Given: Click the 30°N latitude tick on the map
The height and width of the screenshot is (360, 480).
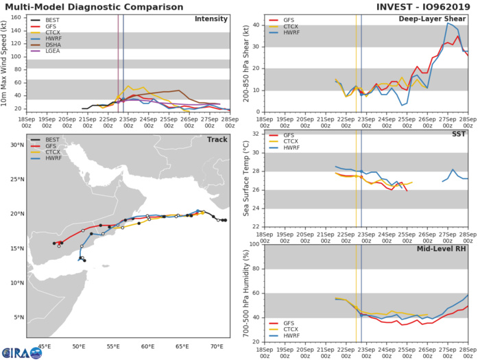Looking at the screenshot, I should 15,145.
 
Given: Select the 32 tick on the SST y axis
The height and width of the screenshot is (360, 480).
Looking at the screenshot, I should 256,134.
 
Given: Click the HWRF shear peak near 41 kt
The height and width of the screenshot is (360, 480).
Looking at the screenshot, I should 448,23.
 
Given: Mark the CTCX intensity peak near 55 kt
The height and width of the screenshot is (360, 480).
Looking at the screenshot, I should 128,86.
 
